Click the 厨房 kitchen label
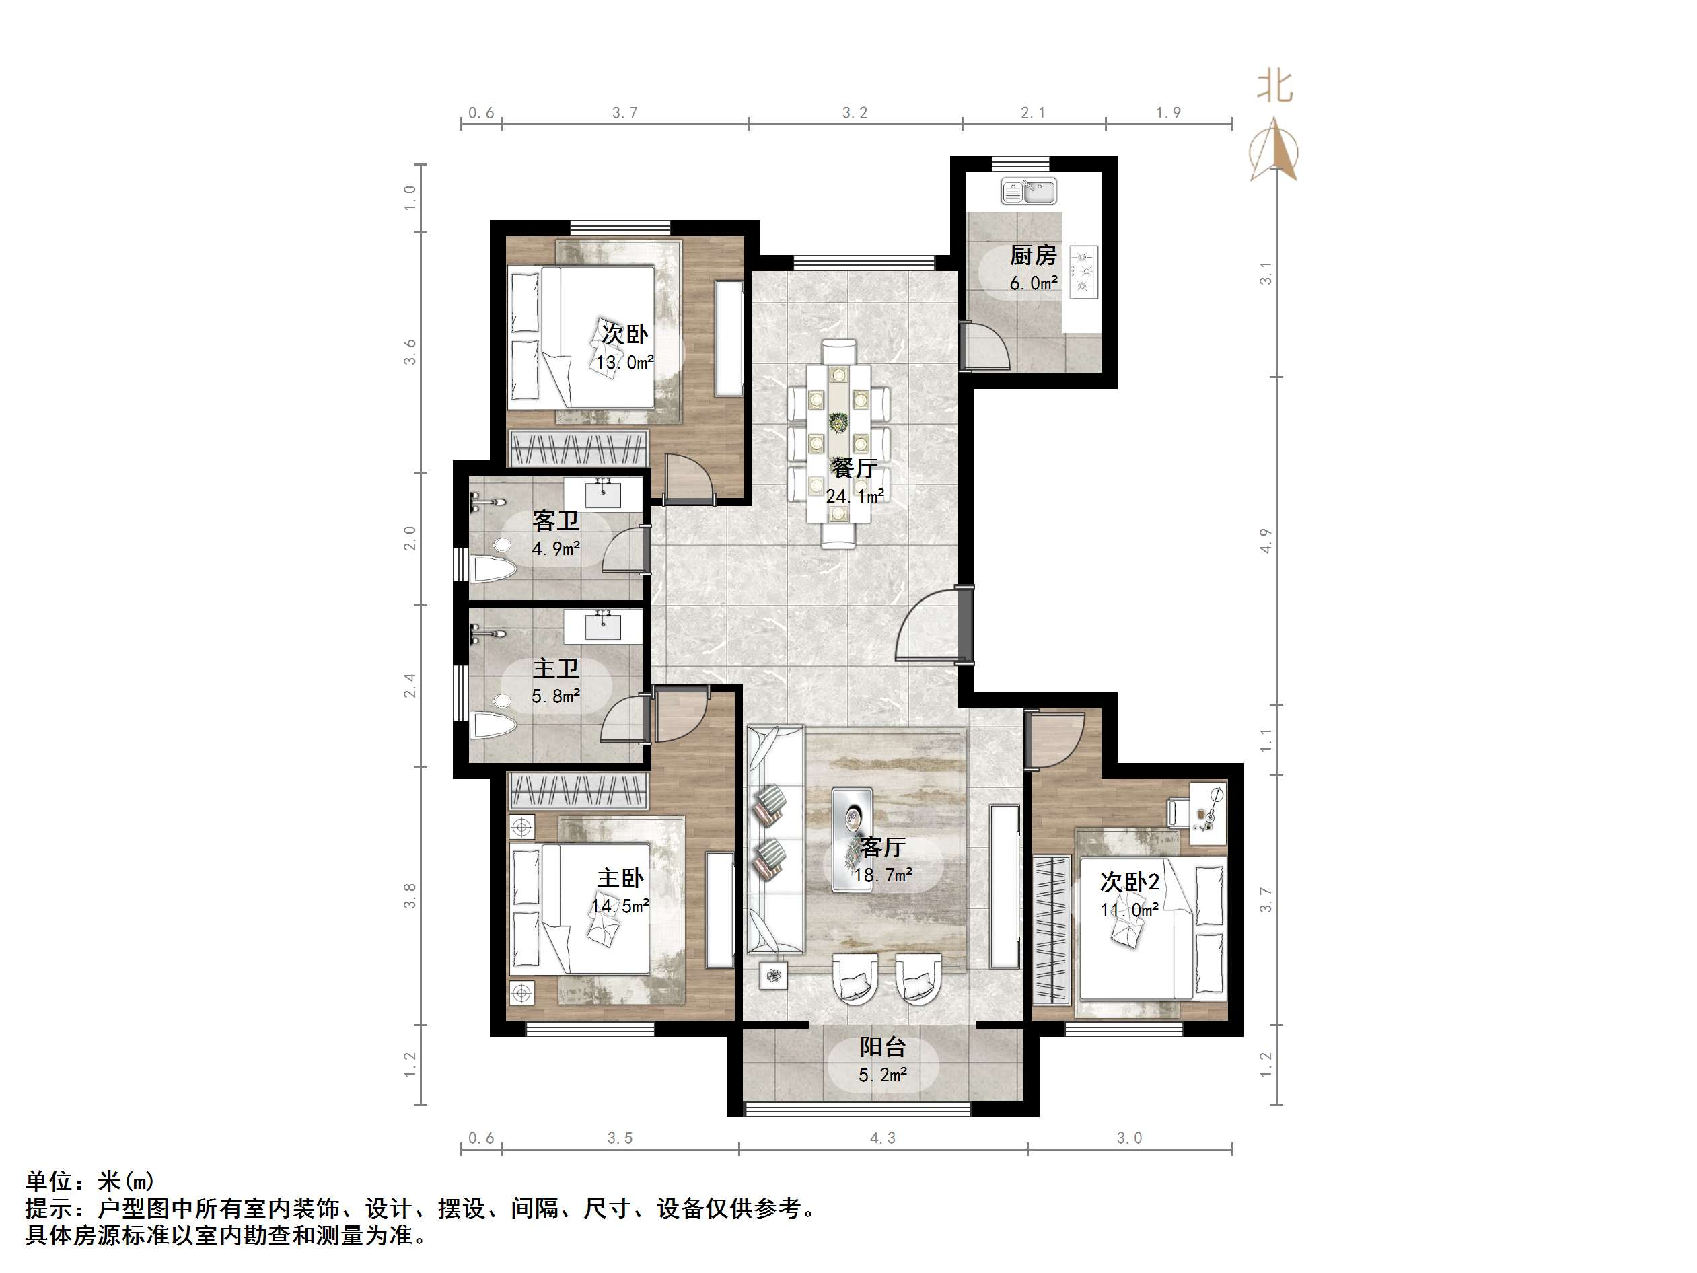1033,255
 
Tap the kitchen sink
1029,191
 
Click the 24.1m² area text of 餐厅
854,497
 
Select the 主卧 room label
620,878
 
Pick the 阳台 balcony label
882,1048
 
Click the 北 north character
1274,86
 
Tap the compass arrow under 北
1274,149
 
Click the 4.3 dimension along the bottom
882,1138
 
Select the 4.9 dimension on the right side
1266,541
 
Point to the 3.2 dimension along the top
855,113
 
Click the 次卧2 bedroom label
1129,883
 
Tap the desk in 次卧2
1208,813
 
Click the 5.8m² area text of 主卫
555,696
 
